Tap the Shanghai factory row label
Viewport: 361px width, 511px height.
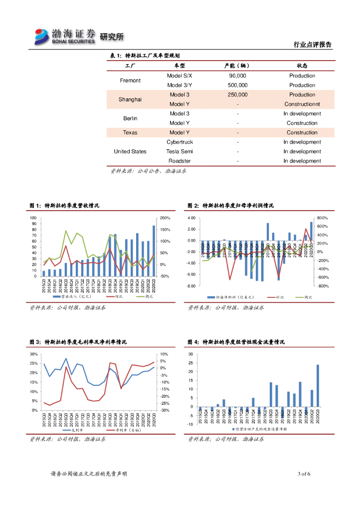130,99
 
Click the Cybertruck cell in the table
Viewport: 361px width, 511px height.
180,142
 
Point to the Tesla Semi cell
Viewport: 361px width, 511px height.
180,152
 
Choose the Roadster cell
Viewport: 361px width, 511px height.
180,161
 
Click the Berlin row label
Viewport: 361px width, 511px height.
130,118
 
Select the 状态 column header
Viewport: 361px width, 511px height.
302,66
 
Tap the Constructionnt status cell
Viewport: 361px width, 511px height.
302,104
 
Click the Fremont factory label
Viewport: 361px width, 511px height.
130,80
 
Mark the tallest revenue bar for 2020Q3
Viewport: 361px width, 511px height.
154,251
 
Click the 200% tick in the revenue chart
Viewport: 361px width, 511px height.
166,218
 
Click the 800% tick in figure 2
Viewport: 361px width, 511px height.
322,218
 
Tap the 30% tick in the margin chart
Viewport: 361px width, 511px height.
34,354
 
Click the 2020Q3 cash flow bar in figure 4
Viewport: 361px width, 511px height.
318,385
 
